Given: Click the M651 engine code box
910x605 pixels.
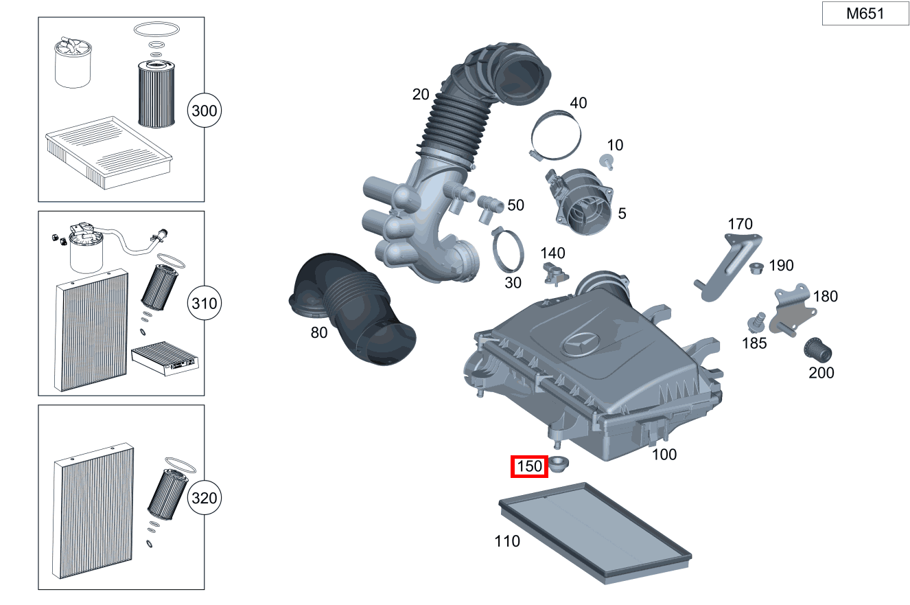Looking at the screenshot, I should point(865,14).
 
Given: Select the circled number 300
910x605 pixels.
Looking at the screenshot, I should point(205,111).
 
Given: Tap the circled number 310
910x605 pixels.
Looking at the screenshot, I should point(205,304).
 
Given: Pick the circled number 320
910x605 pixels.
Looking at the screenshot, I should point(205,498).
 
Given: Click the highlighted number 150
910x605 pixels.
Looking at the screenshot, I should point(530,467).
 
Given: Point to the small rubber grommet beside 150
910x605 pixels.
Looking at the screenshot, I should point(560,464).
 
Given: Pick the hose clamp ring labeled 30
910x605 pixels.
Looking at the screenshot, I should point(509,251).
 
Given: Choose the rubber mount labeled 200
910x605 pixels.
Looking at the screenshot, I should point(818,350).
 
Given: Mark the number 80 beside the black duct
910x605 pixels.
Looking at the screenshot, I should point(319,333).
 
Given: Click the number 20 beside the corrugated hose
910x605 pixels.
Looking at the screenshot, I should point(421,94).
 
